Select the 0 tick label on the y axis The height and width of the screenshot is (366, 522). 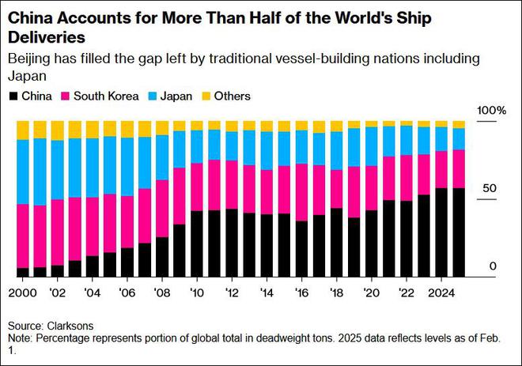[x=492, y=267]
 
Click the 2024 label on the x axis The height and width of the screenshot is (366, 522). [x=439, y=291]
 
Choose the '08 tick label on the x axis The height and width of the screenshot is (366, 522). [x=162, y=291]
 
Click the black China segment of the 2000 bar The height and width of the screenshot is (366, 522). [x=22, y=273]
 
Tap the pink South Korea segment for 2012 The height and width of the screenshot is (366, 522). [x=231, y=185]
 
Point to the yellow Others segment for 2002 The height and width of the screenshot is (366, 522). [x=57, y=130]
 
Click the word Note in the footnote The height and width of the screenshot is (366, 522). [x=20, y=338]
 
